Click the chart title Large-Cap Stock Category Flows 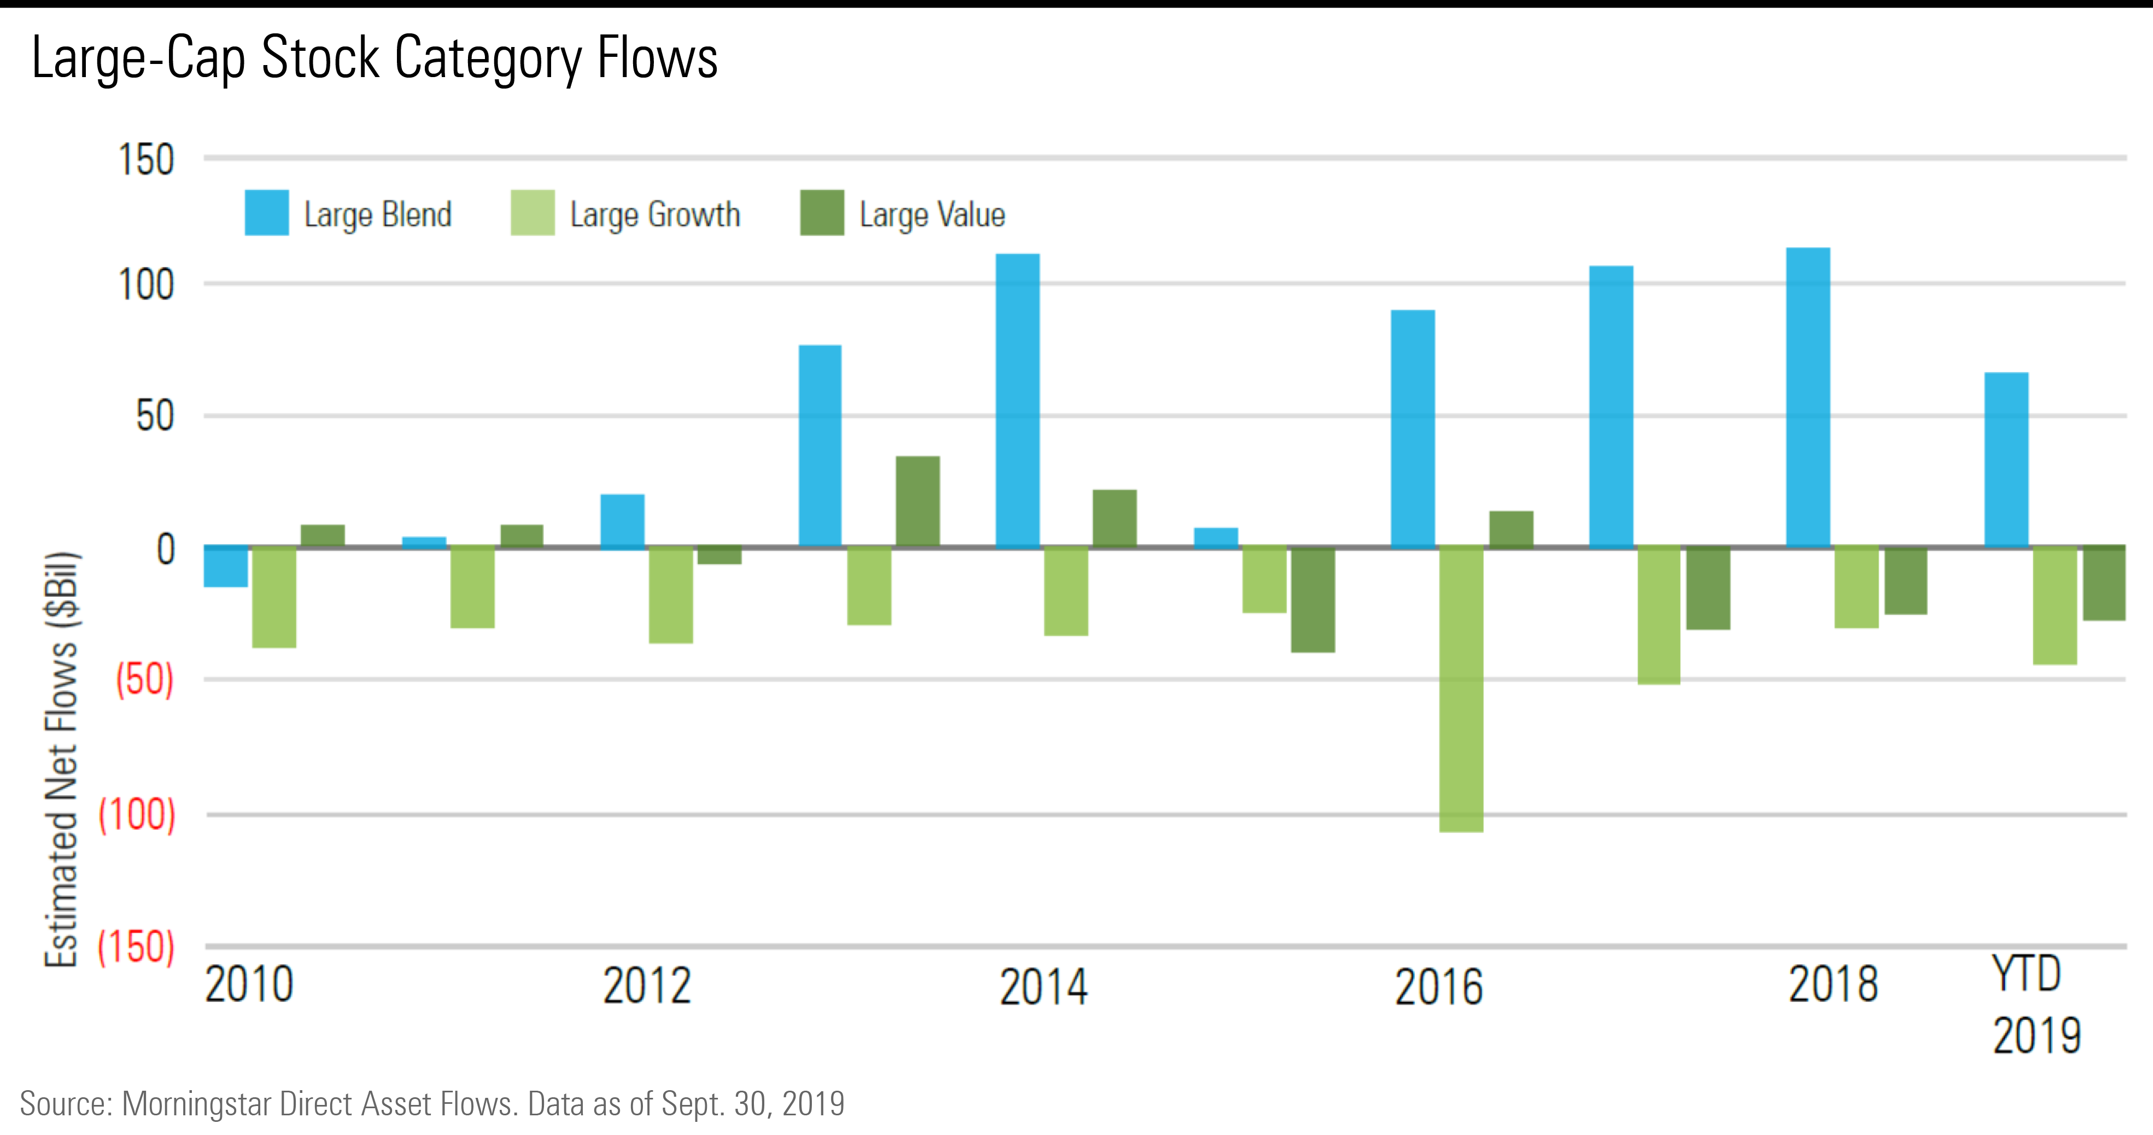click(375, 58)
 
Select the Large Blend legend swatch click(267, 213)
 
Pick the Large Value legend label click(932, 215)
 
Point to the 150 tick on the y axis click(147, 160)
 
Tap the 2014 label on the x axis click(1043, 986)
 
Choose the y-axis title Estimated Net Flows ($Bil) click(62, 759)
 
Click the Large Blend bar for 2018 click(1808, 397)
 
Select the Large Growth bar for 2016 click(1461, 689)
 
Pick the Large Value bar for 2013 click(918, 501)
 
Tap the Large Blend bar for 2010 click(226, 566)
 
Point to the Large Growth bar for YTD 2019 click(2055, 605)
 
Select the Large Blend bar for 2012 click(623, 520)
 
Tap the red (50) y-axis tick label click(144, 680)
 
